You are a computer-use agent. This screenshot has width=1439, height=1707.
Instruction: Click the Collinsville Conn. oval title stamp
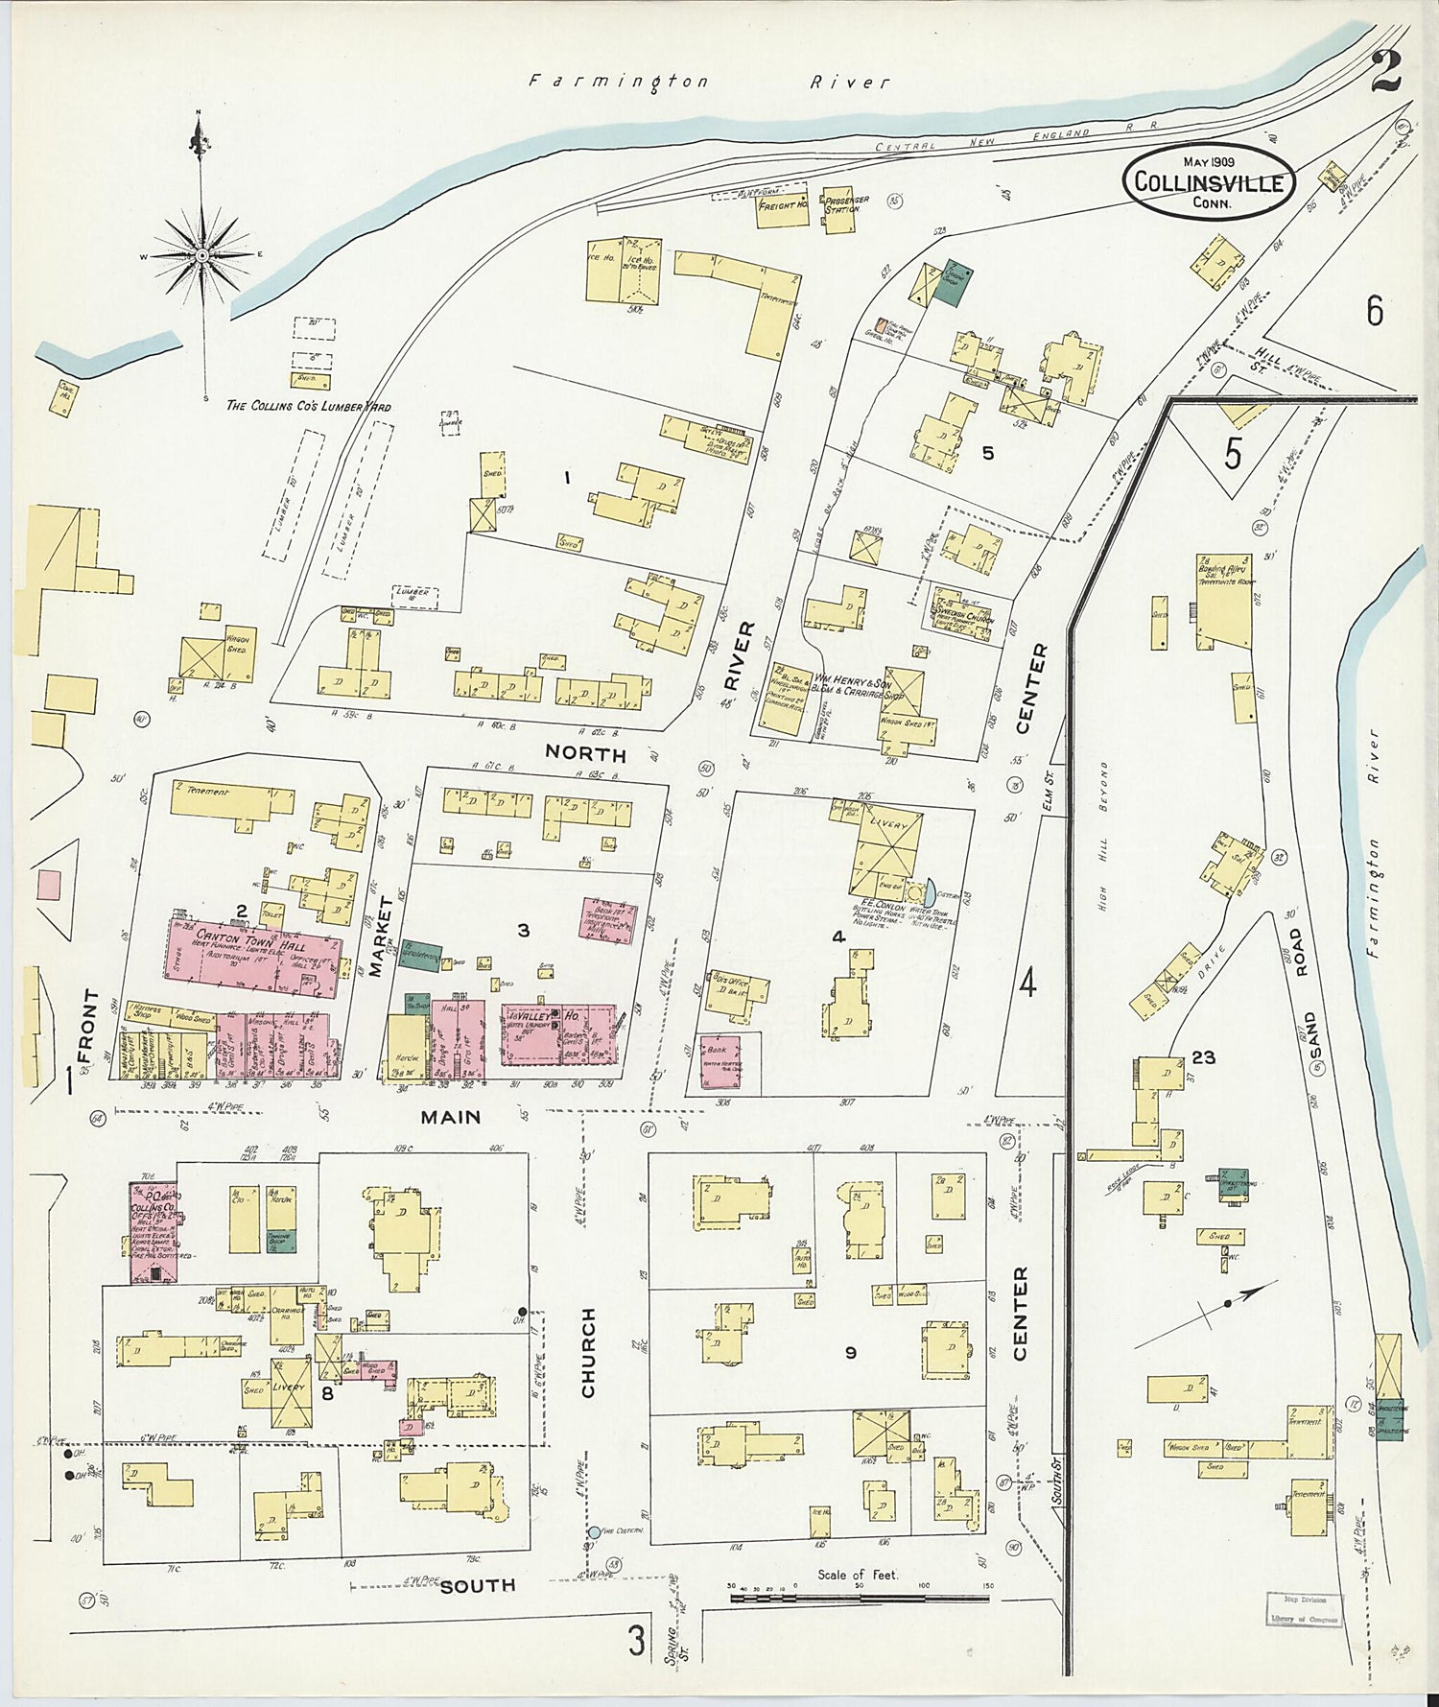point(1210,181)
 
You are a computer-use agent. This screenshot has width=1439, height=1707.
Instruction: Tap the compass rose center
point(202,256)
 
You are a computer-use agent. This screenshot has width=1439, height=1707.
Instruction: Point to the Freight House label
point(783,205)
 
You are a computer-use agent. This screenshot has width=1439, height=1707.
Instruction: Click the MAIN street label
point(450,1117)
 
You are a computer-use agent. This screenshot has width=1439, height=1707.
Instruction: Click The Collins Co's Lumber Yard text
point(308,407)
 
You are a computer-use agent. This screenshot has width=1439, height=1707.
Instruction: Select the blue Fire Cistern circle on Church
point(594,1532)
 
